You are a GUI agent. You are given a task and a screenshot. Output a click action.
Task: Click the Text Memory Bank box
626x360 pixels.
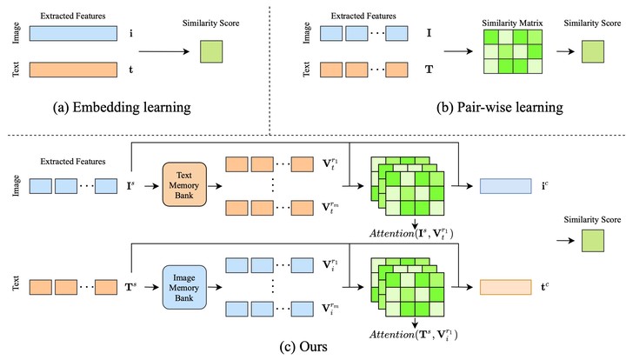(184, 184)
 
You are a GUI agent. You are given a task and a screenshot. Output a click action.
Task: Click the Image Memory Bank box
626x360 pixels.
(184, 287)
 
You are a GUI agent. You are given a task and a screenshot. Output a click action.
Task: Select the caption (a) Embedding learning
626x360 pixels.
(122, 108)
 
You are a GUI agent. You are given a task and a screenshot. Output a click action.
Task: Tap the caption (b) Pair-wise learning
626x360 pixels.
(500, 108)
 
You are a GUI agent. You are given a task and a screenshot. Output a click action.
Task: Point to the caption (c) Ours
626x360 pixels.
(303, 346)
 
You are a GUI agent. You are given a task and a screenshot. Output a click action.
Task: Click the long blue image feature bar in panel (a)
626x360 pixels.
(73, 34)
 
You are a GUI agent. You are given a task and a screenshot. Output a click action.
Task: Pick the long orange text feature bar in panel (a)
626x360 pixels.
(73, 70)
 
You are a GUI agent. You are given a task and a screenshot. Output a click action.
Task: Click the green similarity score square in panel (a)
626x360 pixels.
(211, 51)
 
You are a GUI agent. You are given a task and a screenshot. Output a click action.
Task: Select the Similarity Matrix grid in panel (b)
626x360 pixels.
(513, 52)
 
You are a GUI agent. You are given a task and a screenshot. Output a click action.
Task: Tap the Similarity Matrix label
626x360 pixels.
(512, 23)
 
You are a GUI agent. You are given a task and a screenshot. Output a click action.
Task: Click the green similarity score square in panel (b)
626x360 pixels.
(593, 51)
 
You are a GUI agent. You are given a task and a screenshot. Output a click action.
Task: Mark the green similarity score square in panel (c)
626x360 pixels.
(593, 241)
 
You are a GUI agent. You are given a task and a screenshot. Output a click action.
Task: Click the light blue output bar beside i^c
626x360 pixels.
(506, 186)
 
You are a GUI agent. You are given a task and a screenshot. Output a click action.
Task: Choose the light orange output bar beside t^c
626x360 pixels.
(506, 287)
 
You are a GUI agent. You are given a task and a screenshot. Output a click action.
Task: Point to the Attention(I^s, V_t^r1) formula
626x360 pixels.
(411, 233)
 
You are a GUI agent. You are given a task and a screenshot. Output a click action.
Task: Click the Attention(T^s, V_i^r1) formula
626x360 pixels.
(414, 334)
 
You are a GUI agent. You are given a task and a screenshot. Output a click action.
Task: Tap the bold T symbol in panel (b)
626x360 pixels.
(430, 70)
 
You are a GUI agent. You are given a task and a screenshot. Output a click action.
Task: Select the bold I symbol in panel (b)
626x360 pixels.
(430, 33)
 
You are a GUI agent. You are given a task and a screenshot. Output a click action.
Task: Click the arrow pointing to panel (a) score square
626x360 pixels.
(164, 51)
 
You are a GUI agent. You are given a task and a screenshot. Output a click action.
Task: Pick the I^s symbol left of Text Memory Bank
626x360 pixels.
(130, 185)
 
